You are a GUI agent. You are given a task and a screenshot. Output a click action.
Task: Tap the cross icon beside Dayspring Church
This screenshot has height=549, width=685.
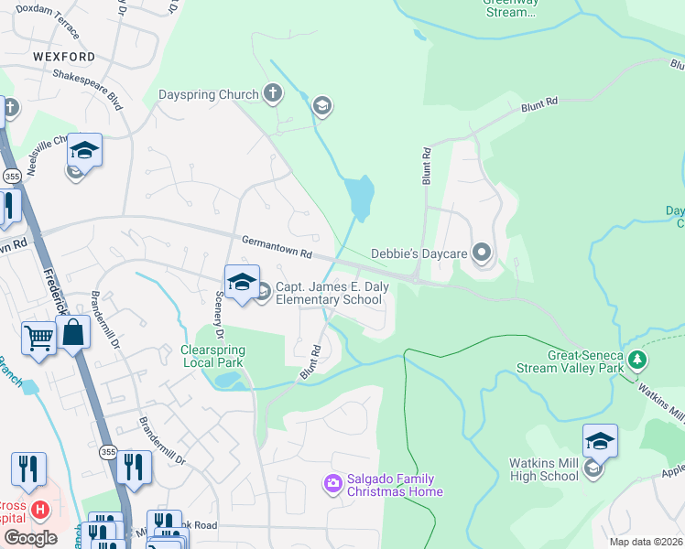pyautogui.click(x=272, y=92)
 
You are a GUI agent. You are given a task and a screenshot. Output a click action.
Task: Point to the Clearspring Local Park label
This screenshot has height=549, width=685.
pyautogui.click(x=212, y=356)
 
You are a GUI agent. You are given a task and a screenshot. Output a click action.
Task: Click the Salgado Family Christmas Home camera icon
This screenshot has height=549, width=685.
pyautogui.click(x=333, y=481)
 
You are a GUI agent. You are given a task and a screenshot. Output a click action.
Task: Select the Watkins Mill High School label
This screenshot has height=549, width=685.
pyautogui.click(x=544, y=469)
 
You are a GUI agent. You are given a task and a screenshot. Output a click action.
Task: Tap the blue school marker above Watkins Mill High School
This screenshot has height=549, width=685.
pyautogui.click(x=600, y=440)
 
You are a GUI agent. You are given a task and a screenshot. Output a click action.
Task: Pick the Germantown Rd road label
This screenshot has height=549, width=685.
pyautogui.click(x=277, y=245)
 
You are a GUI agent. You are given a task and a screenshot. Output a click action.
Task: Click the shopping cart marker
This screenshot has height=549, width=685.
pyautogui.click(x=39, y=338)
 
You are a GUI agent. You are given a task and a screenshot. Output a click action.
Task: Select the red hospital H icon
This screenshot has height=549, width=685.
pyautogui.click(x=39, y=508)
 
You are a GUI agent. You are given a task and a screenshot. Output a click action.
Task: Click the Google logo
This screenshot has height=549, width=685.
pyautogui.click(x=30, y=538)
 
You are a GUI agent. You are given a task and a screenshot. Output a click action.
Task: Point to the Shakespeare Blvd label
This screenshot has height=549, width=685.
pyautogui.click(x=88, y=88)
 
